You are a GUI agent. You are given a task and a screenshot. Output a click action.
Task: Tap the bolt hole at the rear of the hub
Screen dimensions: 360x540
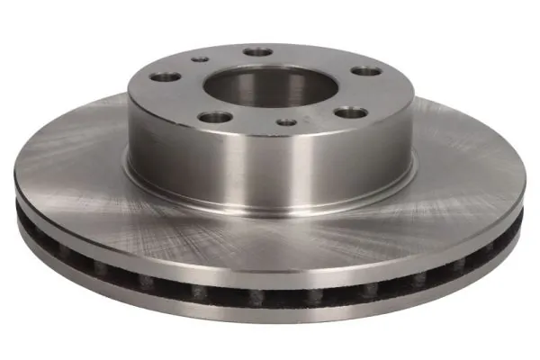[x=259, y=52]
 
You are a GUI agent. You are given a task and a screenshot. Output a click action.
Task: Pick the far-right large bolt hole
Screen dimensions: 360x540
[x=364, y=70]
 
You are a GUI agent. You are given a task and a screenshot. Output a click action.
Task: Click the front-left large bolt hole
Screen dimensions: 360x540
[x=215, y=117]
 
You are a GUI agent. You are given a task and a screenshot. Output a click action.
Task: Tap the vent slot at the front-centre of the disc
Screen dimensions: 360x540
[x=270, y=295]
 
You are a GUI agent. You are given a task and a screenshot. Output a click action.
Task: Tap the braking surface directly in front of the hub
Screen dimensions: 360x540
[x=270, y=243]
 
